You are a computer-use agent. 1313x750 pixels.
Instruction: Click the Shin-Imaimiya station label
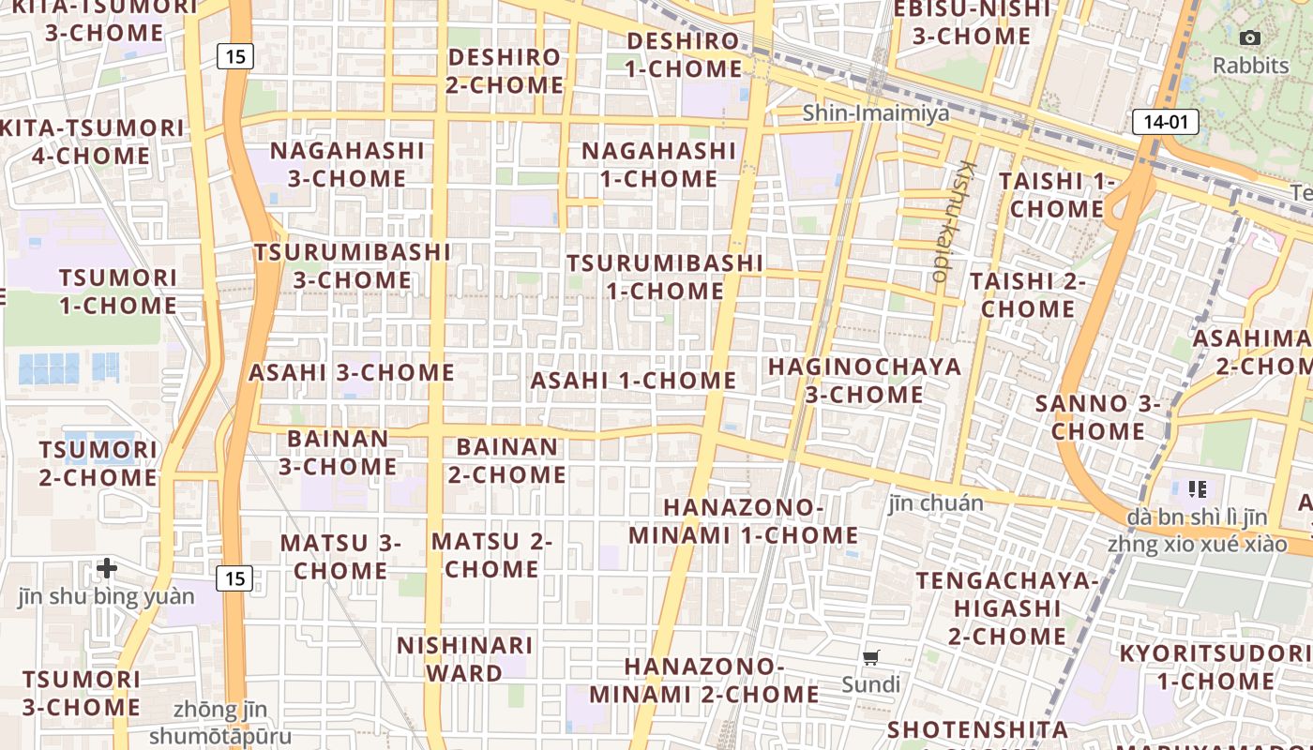[x=875, y=113]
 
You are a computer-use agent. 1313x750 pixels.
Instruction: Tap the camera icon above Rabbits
[x=1250, y=38]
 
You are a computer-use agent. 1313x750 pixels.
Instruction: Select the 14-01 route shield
[x=1166, y=121]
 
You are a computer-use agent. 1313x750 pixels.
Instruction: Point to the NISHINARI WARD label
[x=464, y=659]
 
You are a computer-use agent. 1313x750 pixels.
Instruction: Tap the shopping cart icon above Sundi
[x=871, y=658]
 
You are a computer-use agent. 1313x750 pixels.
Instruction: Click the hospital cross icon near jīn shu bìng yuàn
[x=107, y=568]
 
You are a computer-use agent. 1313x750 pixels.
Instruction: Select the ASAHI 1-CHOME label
[x=634, y=381]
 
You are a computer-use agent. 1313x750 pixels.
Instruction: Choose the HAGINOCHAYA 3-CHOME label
[x=865, y=380]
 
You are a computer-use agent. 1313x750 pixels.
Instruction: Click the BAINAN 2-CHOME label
[x=506, y=460]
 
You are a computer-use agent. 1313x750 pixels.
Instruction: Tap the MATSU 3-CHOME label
[x=340, y=556]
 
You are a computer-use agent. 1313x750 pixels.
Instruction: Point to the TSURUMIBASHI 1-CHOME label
[x=665, y=277]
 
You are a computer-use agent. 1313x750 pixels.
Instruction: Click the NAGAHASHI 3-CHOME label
[x=347, y=164]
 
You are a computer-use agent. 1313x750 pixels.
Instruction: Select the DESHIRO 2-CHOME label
[x=506, y=70]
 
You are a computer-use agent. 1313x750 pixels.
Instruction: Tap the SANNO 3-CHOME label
[x=1098, y=417]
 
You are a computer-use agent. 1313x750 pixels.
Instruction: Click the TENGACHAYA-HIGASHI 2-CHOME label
[x=1006, y=607]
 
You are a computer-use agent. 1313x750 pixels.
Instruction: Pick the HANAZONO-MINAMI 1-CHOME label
[x=743, y=521]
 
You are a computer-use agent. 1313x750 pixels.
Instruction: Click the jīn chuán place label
[x=936, y=503]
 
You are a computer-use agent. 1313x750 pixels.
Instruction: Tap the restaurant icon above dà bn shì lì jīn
[x=1197, y=488]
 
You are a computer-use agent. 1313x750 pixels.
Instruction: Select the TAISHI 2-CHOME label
[x=1027, y=294]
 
